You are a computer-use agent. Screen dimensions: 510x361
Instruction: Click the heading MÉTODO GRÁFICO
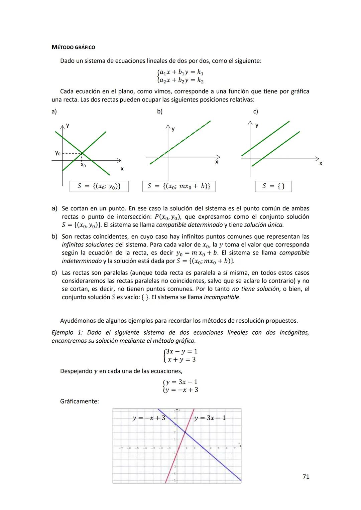(x=73, y=47)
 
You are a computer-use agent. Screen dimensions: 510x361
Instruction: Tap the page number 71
(x=306, y=477)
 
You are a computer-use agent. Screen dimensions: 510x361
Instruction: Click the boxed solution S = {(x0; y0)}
(x=99, y=186)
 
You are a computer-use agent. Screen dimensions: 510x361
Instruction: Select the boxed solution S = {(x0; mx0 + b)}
(x=179, y=186)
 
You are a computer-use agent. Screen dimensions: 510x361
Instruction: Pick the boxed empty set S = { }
(x=273, y=186)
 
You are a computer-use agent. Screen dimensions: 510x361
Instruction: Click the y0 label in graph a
(x=58, y=153)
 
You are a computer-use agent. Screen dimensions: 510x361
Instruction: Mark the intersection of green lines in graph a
(x=82, y=153)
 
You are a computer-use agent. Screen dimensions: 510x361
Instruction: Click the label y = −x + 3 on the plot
(x=149, y=418)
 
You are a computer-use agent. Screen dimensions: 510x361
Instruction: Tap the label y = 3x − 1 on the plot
(x=210, y=418)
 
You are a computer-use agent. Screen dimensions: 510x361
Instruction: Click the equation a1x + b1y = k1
(x=182, y=72)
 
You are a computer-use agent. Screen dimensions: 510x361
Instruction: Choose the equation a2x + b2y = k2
(x=182, y=80)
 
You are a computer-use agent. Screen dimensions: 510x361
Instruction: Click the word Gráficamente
(x=79, y=401)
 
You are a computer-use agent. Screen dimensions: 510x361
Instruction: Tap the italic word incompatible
(x=222, y=297)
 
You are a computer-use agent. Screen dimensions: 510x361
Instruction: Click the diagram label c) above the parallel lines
(x=255, y=112)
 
